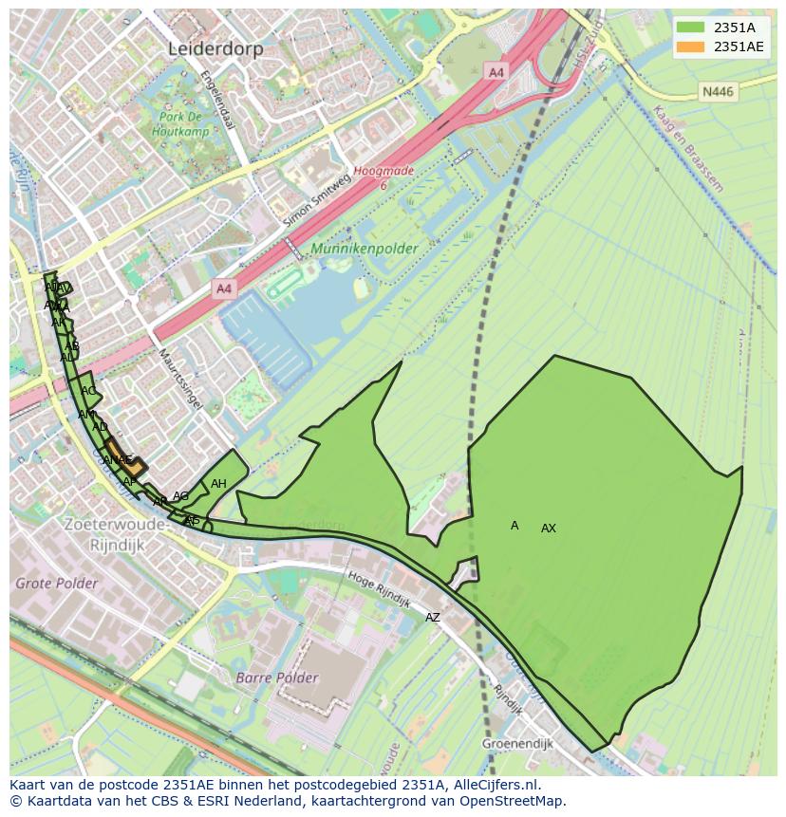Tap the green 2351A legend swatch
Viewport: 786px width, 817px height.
[691, 28]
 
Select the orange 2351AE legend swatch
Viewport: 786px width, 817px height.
[691, 46]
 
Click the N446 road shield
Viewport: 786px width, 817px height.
[718, 91]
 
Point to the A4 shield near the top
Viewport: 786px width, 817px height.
[496, 71]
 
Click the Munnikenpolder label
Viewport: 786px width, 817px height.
[364, 250]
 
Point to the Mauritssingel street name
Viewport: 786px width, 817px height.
[179, 378]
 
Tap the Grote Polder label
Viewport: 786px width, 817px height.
[56, 584]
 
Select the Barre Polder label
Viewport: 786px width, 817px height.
[277, 678]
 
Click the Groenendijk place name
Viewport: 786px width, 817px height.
[516, 744]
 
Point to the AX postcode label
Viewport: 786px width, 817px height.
[549, 529]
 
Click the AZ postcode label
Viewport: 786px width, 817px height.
[433, 618]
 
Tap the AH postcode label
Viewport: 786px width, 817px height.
[218, 484]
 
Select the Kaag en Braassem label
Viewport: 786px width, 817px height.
[688, 148]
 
